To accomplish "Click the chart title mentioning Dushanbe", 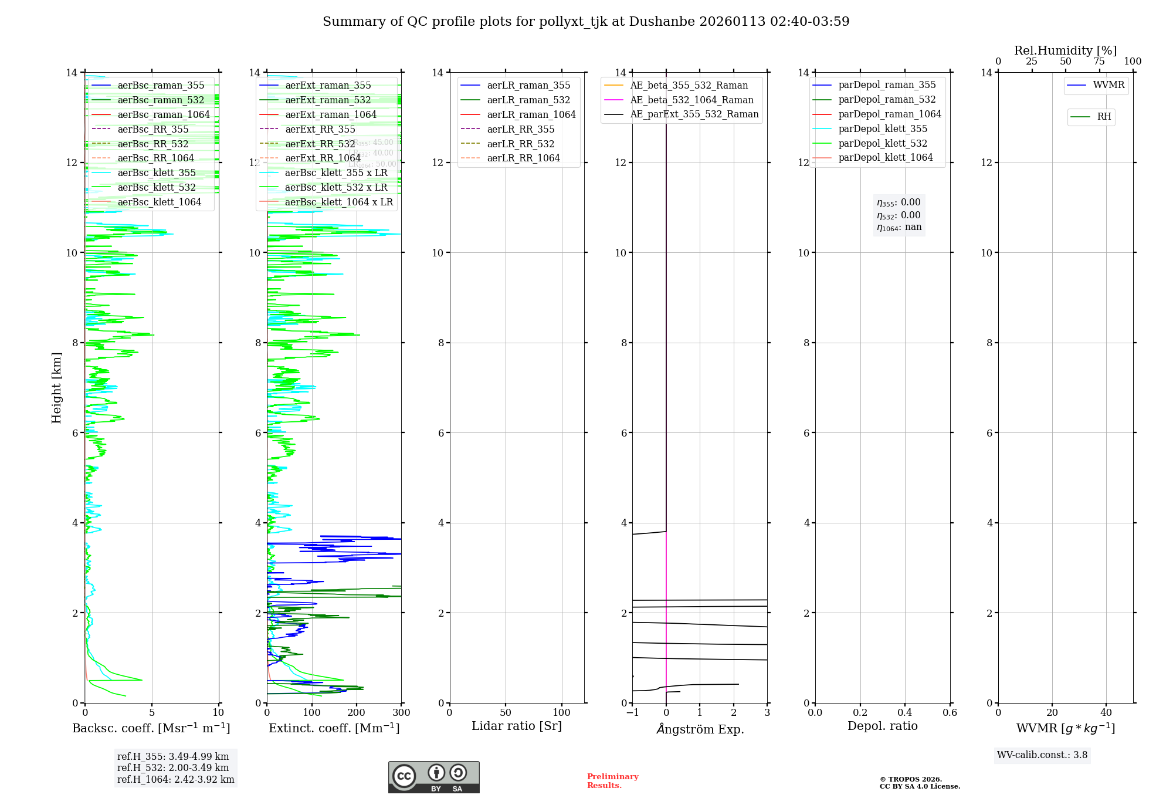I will click(586, 22).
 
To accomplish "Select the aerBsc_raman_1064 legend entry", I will click(163, 114).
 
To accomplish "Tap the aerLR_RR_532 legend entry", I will click(520, 144).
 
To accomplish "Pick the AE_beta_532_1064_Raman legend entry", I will click(691, 100).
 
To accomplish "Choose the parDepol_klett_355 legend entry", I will click(883, 129).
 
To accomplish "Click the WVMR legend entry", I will click(1108, 85).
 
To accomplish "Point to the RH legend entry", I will click(1104, 117).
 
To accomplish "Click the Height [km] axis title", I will click(56, 387).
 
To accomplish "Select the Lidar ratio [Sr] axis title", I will click(516, 726).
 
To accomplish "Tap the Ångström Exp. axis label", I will click(700, 729).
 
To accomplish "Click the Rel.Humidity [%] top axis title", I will click(1065, 50).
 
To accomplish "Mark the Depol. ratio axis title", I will click(882, 726).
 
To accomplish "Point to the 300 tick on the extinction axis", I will click(402, 713).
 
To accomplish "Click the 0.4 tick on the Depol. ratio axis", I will click(905, 713).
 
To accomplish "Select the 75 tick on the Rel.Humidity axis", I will click(1099, 62).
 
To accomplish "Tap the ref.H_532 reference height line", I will click(173, 767).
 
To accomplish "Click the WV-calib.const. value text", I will click(1042, 755).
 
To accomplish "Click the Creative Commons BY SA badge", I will click(433, 777).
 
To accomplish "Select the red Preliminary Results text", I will click(612, 781).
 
